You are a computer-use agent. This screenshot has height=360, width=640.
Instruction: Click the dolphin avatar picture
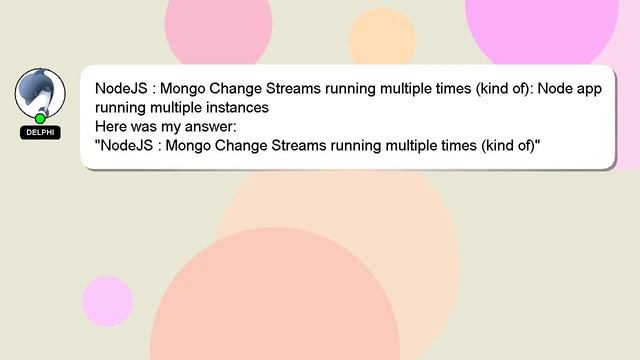(x=40, y=94)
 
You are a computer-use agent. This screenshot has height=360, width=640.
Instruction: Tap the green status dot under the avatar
(x=40, y=118)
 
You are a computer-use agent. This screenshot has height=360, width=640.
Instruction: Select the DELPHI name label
(x=40, y=132)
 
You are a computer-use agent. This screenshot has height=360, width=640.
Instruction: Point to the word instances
(x=235, y=108)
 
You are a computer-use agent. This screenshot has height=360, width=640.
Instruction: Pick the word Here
(x=112, y=128)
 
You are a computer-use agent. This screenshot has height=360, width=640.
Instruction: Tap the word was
(x=149, y=128)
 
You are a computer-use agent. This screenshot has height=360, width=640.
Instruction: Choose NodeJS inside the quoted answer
(x=127, y=148)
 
